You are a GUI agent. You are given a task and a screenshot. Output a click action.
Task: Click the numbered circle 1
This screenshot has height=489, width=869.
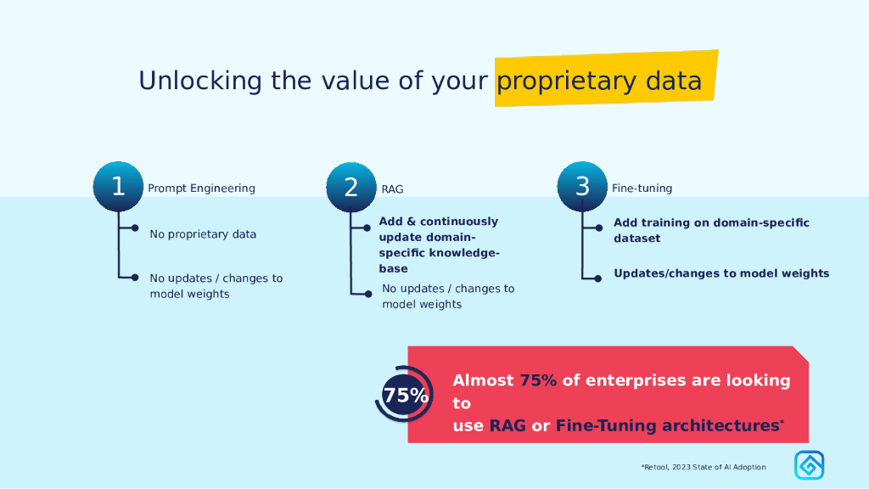tap(118, 187)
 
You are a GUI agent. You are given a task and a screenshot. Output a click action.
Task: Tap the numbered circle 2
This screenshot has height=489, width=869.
tap(351, 188)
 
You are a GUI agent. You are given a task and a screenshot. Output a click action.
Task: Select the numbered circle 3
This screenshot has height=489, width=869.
tap(582, 187)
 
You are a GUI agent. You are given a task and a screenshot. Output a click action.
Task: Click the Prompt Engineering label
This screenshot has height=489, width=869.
tap(201, 188)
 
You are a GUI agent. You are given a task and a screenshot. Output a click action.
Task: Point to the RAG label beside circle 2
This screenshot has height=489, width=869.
tap(392, 189)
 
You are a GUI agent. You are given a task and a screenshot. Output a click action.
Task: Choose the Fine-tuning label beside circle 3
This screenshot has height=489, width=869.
tap(642, 188)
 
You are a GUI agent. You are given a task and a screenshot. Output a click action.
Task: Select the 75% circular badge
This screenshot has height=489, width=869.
tap(405, 395)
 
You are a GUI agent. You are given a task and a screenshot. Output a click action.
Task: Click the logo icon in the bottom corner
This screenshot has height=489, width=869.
tap(809, 465)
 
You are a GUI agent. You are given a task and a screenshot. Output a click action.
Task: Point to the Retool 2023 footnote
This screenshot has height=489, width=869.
tap(703, 467)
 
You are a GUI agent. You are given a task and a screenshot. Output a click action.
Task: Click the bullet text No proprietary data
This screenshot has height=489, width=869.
tap(203, 234)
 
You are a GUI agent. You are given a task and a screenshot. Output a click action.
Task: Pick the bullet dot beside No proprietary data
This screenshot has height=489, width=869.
tap(134, 228)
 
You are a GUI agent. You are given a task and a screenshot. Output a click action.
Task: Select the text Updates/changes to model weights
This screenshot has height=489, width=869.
tap(721, 273)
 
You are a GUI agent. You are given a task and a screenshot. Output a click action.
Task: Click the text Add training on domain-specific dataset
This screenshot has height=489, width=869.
tap(711, 231)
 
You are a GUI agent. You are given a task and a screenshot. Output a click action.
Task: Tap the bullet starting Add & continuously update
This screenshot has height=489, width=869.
tap(439, 244)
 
